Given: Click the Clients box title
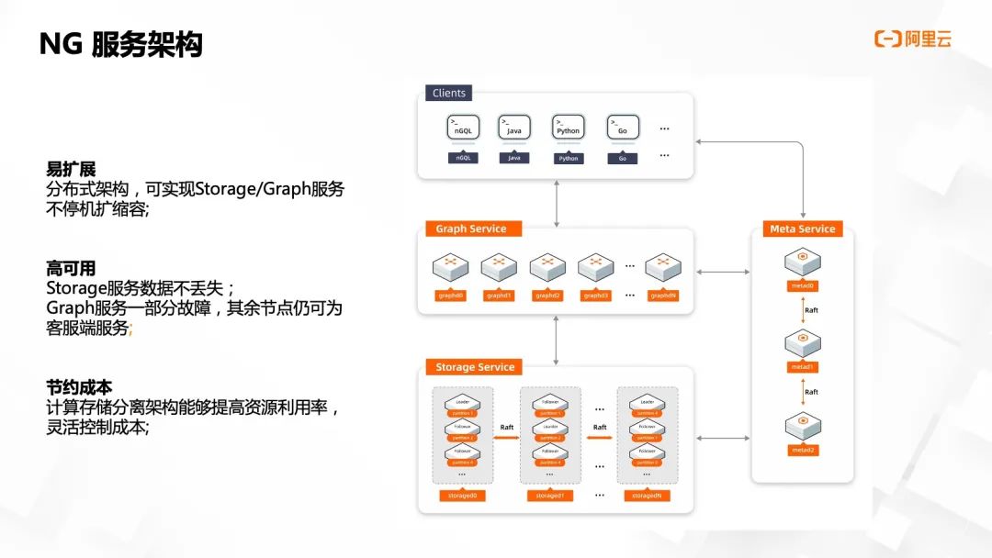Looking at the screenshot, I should point(449,93).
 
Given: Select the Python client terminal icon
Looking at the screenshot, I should point(569,128).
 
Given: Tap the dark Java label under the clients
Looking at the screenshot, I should point(514,158).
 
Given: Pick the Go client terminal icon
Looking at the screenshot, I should point(622,128).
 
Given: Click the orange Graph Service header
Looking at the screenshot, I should point(471,229).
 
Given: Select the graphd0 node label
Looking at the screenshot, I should point(450,296).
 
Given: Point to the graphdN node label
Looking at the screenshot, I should point(662,296).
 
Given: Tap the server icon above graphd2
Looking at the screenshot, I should point(547,267).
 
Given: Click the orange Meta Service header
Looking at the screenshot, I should point(802,229).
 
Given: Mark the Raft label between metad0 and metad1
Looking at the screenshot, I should point(811,310).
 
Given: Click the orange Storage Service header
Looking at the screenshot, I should point(475,367).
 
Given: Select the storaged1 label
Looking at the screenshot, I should point(549,496).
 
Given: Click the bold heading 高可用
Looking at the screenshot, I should point(71,269).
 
